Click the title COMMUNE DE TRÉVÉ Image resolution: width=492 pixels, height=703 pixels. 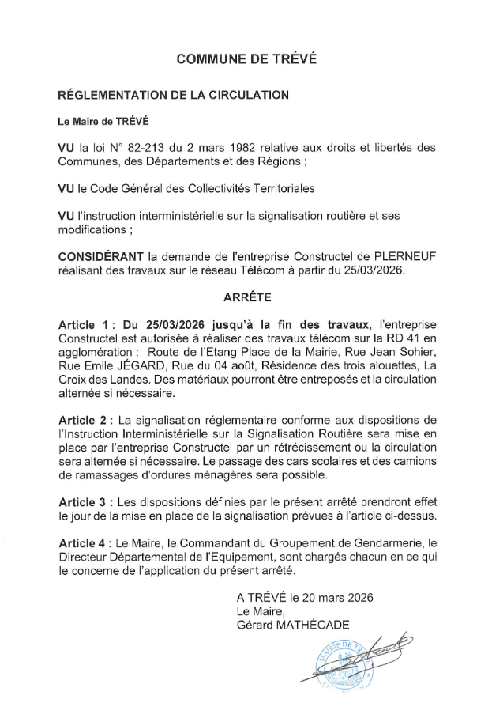pyautogui.click(x=246, y=59)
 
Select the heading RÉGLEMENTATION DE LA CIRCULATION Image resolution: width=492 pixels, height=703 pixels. pyautogui.click(x=174, y=96)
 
